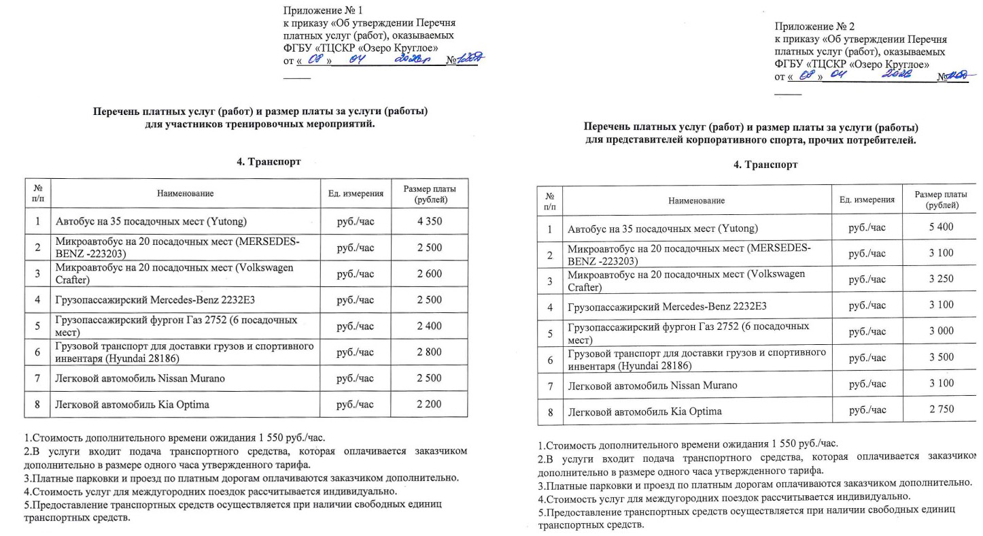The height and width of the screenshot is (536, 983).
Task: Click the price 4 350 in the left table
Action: pos(429,222)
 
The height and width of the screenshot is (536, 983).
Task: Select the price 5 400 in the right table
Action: pos(941,227)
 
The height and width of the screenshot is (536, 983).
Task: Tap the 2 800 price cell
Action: pos(429,352)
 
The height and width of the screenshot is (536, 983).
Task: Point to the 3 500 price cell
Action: pos(941,357)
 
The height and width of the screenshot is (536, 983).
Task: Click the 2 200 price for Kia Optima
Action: pos(429,404)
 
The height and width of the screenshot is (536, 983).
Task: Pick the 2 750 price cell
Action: pos(941,409)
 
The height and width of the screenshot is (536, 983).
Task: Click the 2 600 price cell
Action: pos(429,274)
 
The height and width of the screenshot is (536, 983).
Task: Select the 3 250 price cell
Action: pos(941,279)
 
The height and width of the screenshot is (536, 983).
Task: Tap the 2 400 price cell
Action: pos(429,326)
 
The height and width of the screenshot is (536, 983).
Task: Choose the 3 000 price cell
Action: pos(941,331)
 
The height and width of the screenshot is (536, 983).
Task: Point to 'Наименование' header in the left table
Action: pos(185,194)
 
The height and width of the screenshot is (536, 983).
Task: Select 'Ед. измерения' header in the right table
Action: pos(867,200)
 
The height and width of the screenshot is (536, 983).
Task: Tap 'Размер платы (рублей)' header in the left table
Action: pos(429,194)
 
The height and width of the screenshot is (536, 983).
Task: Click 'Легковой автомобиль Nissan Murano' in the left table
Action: pos(139,378)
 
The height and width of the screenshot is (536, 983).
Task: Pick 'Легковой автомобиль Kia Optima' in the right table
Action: pos(644,412)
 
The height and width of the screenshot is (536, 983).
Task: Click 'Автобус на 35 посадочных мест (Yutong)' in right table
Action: pos(662,229)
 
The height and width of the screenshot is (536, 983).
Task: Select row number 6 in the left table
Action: pos(37,352)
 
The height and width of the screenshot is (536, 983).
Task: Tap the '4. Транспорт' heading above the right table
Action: pos(765,165)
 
